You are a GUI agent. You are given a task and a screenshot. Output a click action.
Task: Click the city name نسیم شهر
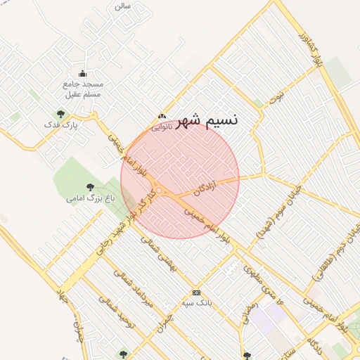pyautogui.click(x=208, y=120)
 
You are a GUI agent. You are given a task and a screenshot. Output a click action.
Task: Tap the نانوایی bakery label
pyautogui.click(x=162, y=127)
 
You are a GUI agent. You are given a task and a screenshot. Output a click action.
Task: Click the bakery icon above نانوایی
pyautogui.click(x=162, y=117)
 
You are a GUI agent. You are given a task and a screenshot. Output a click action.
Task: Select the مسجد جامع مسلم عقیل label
pyautogui.click(x=83, y=89)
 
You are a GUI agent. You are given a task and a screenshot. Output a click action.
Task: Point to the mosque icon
pyautogui.click(x=83, y=74)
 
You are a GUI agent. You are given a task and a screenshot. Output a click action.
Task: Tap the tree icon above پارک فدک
pyautogui.click(x=60, y=113)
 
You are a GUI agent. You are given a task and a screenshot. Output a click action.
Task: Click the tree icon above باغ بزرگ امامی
pyautogui.click(x=90, y=186)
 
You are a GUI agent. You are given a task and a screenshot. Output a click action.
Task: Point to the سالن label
pyautogui.click(x=123, y=6)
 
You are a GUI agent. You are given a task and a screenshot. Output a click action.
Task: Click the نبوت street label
pyautogui.click(x=279, y=95)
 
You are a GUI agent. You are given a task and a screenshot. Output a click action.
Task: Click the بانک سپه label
pyautogui.click(x=196, y=303)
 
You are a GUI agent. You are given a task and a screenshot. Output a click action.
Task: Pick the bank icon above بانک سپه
pyautogui.click(x=196, y=292)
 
